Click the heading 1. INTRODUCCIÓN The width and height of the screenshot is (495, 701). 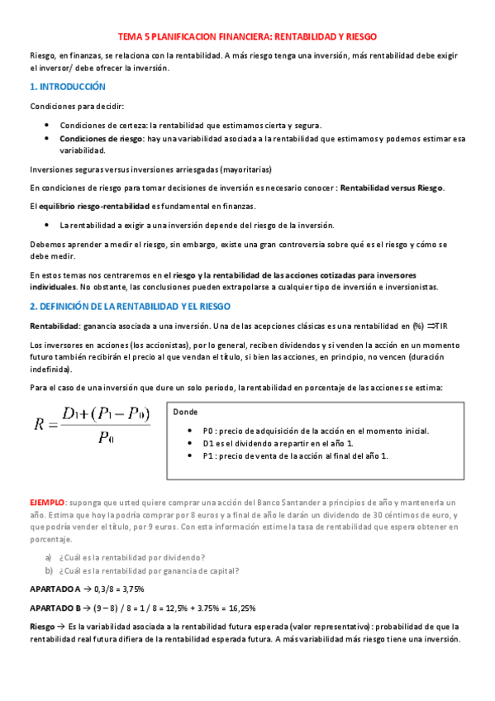click(x=68, y=87)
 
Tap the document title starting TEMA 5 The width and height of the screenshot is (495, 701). click(x=248, y=37)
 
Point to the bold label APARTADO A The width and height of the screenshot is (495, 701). click(x=55, y=589)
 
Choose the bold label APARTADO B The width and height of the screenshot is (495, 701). click(x=55, y=608)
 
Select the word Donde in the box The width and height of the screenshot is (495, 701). click(x=186, y=412)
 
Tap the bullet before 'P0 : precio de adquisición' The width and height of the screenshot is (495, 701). click(x=192, y=432)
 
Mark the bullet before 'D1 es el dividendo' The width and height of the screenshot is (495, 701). click(x=192, y=443)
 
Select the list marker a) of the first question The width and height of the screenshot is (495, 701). click(x=49, y=557)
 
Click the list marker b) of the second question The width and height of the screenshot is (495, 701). click(x=49, y=570)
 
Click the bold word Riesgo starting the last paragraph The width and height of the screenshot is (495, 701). click(x=44, y=627)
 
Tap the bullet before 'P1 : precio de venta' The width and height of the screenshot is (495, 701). click(x=192, y=455)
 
